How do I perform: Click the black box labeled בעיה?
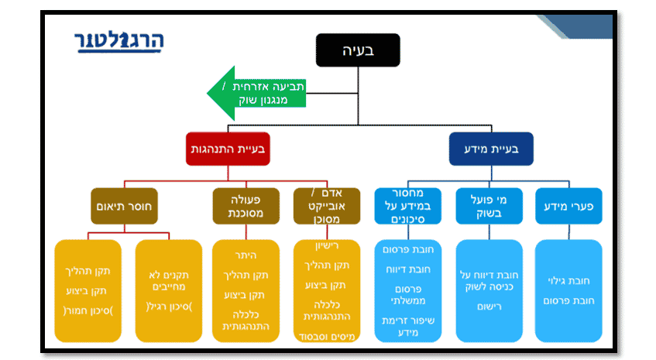pyautogui.click(x=358, y=52)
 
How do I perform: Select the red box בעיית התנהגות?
pyautogui.click(x=227, y=149)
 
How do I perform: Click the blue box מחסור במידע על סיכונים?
pyautogui.click(x=407, y=207)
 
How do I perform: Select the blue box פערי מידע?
pyautogui.click(x=568, y=207)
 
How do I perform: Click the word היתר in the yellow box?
pyautogui.click(x=245, y=255)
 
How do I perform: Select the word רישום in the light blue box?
pyautogui.click(x=487, y=306)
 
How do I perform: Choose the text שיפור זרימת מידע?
pyautogui.click(x=407, y=326)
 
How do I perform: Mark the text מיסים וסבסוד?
pyautogui.click(x=328, y=335)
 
